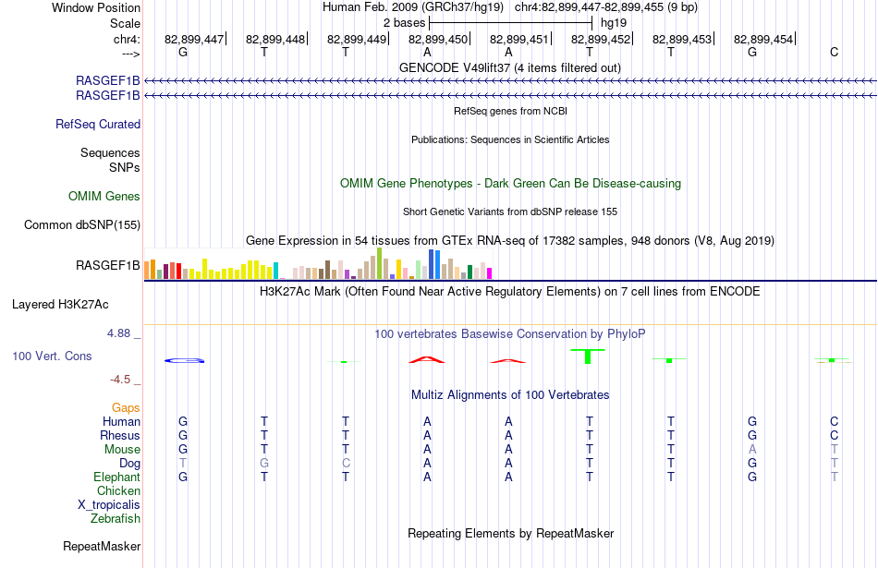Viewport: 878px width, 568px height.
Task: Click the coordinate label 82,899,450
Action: point(438,39)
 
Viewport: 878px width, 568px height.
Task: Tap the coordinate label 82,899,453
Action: point(682,39)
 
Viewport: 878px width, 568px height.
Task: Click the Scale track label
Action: point(125,23)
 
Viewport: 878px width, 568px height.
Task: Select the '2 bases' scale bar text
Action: point(404,23)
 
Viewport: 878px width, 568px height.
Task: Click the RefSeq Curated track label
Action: point(98,125)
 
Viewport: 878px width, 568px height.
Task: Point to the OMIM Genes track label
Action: point(104,197)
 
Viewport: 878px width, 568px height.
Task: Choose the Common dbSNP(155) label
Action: point(82,225)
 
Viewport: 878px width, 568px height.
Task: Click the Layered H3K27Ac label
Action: point(60,305)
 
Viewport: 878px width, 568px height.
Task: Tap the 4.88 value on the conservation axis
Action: point(118,333)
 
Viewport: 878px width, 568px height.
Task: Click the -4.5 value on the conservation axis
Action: point(120,380)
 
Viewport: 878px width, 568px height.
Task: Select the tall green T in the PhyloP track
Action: point(588,356)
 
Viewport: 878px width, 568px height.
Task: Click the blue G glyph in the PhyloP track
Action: point(184,360)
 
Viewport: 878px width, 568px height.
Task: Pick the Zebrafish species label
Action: point(116,519)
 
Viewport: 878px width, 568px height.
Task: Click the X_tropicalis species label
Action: point(109,505)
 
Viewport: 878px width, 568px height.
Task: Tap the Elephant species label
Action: point(117,477)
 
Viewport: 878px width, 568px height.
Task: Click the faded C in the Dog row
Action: point(346,464)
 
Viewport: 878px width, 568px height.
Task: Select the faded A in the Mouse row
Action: point(752,450)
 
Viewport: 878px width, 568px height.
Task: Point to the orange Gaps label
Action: point(126,408)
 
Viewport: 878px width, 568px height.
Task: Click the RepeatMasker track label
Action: point(102,546)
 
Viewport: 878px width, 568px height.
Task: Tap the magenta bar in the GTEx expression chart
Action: point(490,273)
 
